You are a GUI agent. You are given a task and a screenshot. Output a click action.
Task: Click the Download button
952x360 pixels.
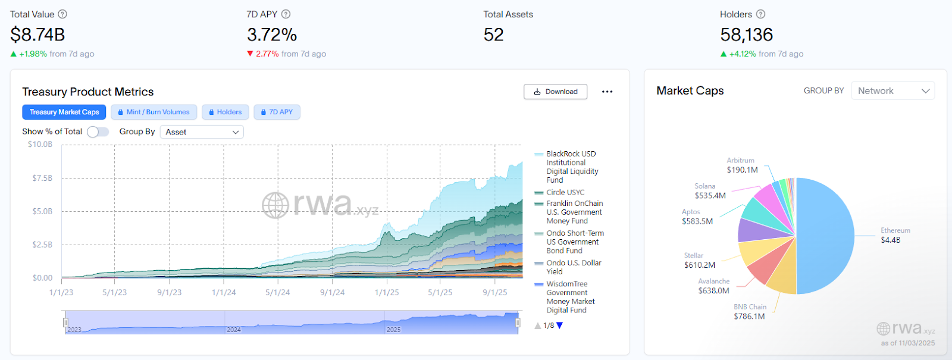tap(555, 92)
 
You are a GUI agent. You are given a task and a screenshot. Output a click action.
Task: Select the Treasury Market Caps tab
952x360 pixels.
tap(64, 112)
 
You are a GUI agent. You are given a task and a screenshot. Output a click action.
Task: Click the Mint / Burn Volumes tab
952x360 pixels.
tap(154, 112)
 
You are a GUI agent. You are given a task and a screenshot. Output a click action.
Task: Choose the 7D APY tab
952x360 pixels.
tap(277, 112)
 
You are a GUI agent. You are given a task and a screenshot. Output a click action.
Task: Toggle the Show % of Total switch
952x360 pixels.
tap(98, 132)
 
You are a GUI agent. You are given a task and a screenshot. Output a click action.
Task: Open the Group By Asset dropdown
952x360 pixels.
tap(202, 132)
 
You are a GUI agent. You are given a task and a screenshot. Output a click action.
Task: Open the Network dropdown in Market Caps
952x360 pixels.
tap(892, 91)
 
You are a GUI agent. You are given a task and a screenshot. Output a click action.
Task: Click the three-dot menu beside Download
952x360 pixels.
tap(607, 92)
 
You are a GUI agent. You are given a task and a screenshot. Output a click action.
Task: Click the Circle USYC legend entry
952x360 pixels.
tap(565, 192)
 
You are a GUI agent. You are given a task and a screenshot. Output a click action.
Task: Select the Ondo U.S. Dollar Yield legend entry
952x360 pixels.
tap(574, 267)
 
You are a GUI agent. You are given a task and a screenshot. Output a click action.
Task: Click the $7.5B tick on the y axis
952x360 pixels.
tap(42, 178)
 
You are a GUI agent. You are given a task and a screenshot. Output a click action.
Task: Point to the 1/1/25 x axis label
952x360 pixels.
tap(387, 292)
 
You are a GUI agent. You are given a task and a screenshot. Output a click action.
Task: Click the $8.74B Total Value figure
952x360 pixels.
tap(37, 35)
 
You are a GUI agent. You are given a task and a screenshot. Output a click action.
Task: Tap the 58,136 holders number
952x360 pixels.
tap(746, 35)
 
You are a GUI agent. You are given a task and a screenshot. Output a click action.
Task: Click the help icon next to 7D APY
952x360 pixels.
tap(286, 14)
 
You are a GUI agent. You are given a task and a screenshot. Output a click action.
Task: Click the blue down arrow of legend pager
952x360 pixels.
tap(559, 325)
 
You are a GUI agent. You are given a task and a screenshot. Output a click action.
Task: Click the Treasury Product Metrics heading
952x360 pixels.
tap(88, 92)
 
